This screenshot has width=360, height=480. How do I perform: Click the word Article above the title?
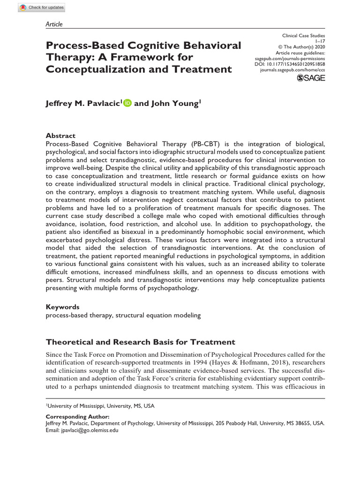click(x=54, y=24)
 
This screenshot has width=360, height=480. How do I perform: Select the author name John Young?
click(x=175, y=104)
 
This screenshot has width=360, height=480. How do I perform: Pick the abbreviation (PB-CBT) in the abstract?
click(x=209, y=143)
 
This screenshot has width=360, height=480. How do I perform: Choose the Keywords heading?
click(x=62, y=307)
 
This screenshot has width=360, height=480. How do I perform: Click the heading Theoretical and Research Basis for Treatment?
click(x=140, y=342)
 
